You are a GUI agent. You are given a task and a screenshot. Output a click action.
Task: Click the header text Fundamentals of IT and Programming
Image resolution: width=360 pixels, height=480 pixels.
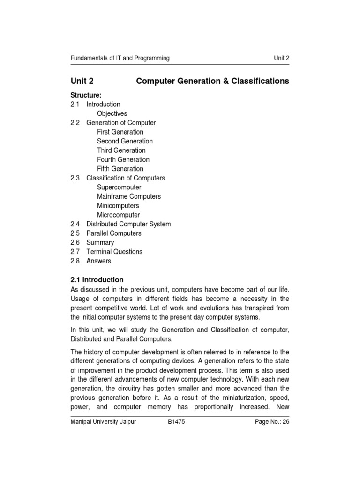click(120, 58)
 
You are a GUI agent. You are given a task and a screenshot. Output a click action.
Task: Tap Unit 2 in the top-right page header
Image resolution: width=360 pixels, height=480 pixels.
click(282, 58)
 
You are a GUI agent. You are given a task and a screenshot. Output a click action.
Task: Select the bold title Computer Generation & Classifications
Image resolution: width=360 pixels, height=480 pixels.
click(212, 81)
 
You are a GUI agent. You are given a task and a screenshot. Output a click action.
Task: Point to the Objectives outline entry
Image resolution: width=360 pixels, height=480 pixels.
click(112, 113)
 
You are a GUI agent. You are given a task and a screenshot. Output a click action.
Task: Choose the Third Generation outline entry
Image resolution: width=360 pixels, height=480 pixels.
click(121, 150)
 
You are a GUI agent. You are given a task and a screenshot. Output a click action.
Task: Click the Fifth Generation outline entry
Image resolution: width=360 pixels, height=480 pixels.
click(120, 169)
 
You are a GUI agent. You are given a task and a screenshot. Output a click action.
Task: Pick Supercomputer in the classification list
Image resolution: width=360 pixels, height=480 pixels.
click(119, 187)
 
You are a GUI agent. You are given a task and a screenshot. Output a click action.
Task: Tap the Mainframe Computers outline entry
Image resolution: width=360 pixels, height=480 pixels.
click(129, 196)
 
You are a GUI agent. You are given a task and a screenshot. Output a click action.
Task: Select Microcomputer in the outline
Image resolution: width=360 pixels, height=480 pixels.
click(118, 215)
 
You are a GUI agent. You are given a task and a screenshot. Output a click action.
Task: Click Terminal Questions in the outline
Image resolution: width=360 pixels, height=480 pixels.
click(114, 252)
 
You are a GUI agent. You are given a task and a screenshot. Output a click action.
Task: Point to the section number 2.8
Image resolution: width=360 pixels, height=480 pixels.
click(75, 261)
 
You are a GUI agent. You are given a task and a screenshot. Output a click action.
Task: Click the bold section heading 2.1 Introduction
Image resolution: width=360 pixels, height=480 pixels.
click(97, 280)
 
